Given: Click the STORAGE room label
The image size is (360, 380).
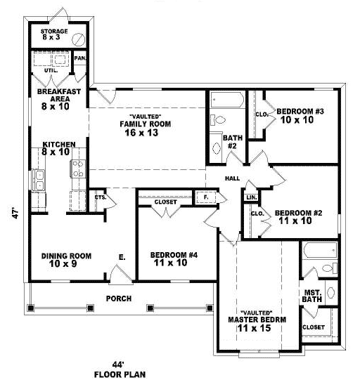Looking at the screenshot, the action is point(54,32).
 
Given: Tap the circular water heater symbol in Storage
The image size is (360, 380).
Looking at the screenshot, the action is point(79,39).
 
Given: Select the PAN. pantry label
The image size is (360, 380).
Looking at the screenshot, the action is point(80,58).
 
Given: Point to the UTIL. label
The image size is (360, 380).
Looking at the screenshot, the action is point(51,70).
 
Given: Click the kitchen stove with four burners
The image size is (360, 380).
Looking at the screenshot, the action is point(78,169).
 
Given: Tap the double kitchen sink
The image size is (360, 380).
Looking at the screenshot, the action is point(39,180).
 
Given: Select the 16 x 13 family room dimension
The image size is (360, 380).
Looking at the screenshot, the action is point(141,133).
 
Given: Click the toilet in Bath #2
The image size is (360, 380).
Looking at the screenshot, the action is point(217,119).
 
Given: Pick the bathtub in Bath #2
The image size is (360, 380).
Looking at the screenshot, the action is point(227,99).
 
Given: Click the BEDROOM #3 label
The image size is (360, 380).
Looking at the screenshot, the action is point(300,111).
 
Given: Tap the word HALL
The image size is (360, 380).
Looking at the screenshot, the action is point(233,178).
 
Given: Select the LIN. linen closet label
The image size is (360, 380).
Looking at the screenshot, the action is point(252,197).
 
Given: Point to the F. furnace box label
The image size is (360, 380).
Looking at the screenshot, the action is point(206,197).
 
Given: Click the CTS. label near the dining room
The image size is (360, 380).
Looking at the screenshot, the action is point(101,197).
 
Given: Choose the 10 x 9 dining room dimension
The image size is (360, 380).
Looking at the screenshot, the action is point(63,263).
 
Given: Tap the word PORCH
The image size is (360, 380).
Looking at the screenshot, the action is point(119,299).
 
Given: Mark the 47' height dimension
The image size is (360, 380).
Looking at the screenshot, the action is point(15,213).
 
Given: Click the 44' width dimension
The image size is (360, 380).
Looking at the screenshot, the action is point(118,365).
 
